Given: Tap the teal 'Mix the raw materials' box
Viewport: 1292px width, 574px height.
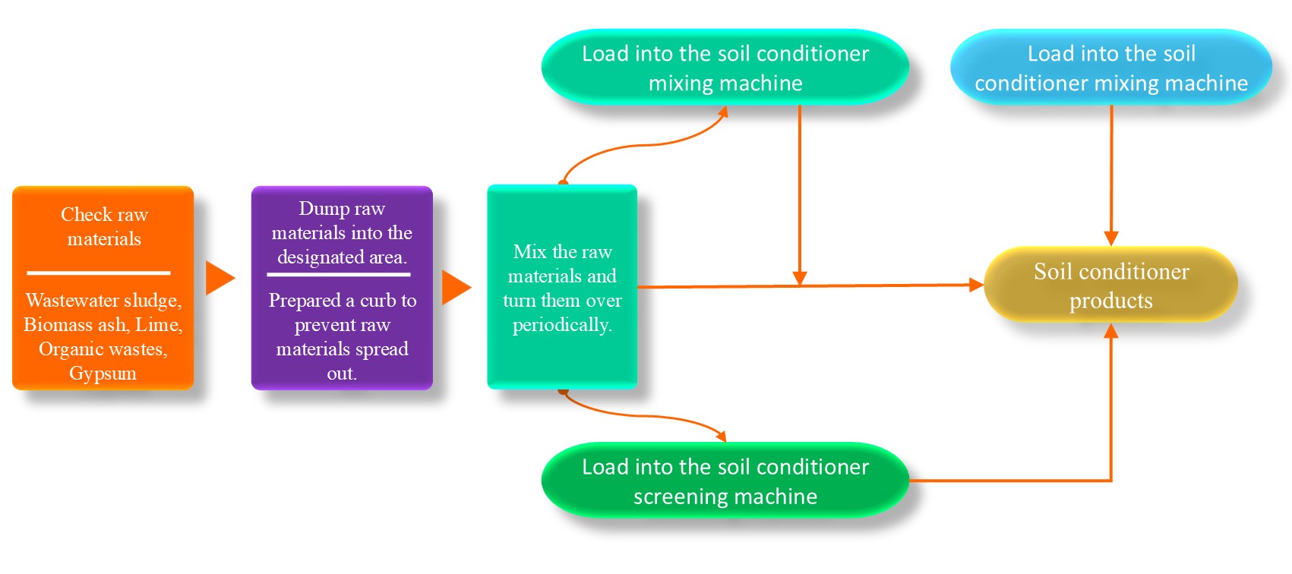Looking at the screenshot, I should [562, 287].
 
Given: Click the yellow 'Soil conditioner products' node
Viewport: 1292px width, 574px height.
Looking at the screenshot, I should [1110, 285].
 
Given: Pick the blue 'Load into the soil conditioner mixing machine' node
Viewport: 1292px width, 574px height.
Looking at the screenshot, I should [1110, 68].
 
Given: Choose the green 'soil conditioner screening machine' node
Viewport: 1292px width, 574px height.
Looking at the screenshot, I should [725, 481].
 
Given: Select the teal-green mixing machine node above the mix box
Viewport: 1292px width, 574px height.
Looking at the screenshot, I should [725, 68].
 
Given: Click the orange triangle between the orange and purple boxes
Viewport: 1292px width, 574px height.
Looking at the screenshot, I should [219, 278].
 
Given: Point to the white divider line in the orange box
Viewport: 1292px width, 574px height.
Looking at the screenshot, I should [99, 273].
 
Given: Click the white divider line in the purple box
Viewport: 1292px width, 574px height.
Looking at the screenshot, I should [339, 274].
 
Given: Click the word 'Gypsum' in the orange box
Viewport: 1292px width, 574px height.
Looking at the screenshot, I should [103, 374].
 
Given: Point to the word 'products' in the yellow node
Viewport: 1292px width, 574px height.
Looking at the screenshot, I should [1110, 301].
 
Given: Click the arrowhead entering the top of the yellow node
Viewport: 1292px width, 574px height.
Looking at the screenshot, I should [1111, 238].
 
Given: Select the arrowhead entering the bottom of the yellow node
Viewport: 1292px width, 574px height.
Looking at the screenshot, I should [1111, 330].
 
